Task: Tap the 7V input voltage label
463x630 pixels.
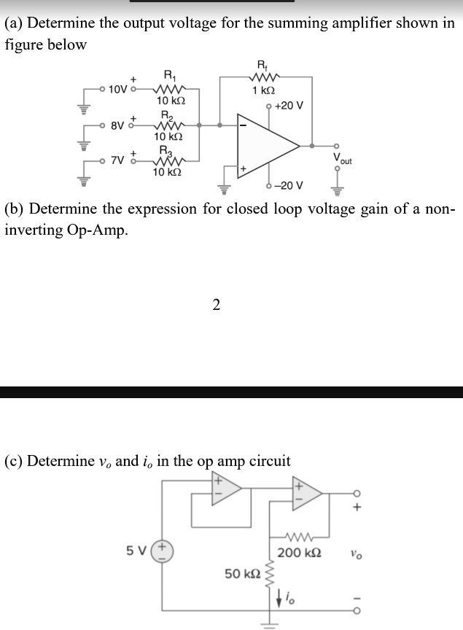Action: coord(117,160)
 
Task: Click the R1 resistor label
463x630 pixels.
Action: coord(169,74)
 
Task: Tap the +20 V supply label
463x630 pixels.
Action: coord(289,105)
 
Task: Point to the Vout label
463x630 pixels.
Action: coord(341,158)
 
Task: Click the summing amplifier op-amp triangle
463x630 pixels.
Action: coord(267,146)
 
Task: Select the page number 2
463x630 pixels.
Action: coord(216,305)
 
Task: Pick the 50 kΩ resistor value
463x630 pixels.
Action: coord(242,574)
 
